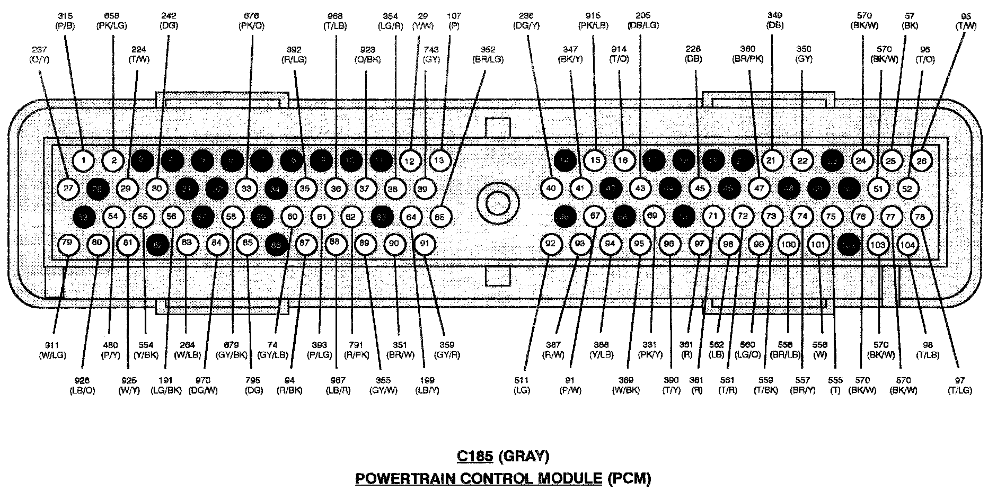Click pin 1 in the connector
[83, 160]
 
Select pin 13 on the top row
[439, 160]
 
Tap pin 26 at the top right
[922, 161]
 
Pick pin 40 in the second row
[551, 188]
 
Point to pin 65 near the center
[439, 216]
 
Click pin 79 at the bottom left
[67, 244]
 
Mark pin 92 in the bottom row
[551, 244]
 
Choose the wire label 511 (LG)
[522, 385]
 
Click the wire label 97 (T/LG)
[960, 385]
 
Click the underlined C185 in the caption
[475, 456]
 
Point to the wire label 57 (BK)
[910, 20]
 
